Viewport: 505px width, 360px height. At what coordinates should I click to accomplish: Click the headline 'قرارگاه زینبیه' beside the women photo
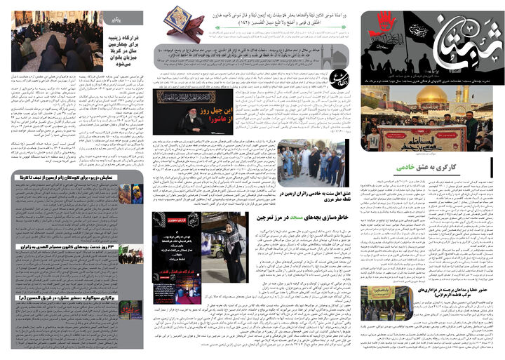pos(124,37)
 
